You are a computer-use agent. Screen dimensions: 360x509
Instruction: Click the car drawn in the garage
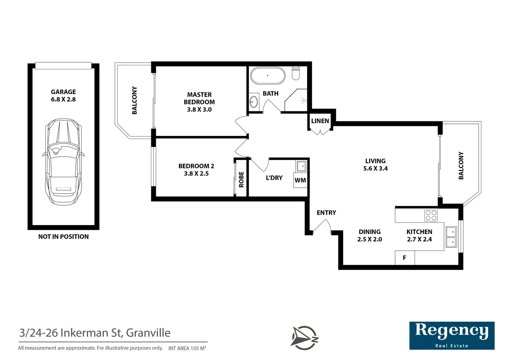tap(63, 161)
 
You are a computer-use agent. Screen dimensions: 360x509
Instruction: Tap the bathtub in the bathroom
tap(268, 76)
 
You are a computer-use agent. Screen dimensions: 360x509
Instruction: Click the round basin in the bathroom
tap(254, 101)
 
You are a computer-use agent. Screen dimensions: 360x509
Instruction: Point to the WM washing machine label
tap(300, 180)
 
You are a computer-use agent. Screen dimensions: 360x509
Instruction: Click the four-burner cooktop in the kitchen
tap(431, 215)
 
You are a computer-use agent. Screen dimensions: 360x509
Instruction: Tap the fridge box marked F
tap(404, 258)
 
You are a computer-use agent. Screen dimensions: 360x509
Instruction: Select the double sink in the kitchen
tap(451, 237)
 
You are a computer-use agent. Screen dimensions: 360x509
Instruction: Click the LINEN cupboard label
tap(320, 121)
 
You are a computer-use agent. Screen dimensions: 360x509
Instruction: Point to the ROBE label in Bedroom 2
tap(242, 179)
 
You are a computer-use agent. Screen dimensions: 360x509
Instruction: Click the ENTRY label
tap(326, 213)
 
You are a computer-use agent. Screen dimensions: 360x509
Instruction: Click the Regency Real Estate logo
tap(452, 335)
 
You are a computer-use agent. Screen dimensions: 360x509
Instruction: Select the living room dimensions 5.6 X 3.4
tap(375, 169)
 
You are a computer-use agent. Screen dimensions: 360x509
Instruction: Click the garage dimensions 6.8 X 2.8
tap(63, 99)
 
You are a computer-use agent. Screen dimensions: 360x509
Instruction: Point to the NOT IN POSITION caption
tap(63, 237)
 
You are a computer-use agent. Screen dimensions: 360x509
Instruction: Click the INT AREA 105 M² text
tap(187, 348)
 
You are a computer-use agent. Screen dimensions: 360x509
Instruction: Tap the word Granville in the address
tap(148, 333)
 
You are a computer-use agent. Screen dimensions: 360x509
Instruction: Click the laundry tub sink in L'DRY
tap(301, 166)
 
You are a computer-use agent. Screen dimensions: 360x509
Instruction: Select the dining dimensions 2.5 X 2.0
tap(369, 239)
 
